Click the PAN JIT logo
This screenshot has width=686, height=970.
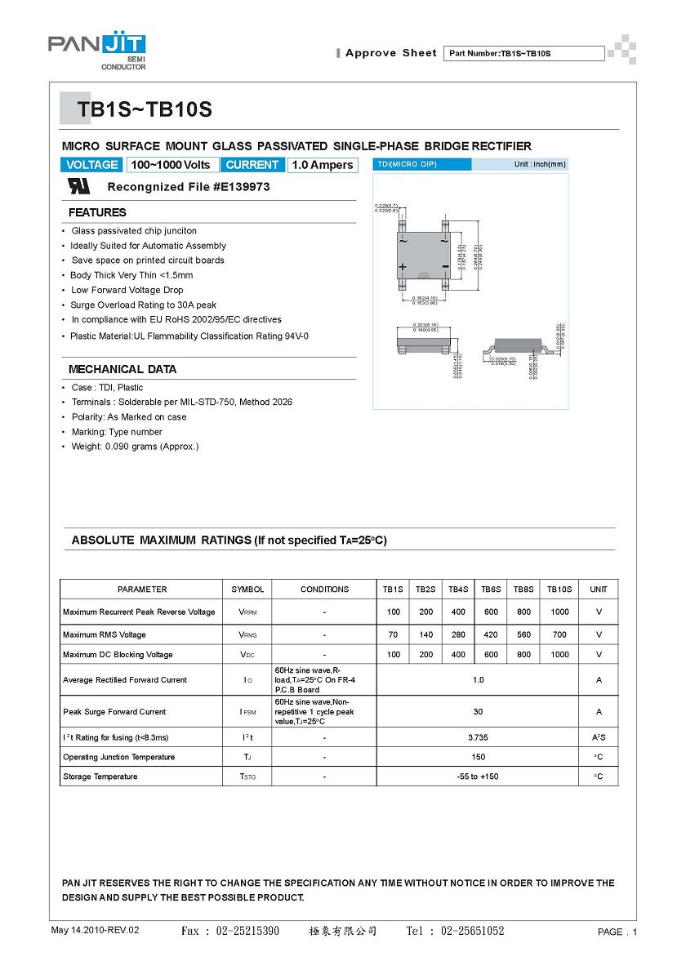click(96, 51)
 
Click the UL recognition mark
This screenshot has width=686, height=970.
click(78, 186)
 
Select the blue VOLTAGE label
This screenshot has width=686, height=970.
click(92, 165)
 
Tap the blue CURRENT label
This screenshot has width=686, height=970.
click(252, 165)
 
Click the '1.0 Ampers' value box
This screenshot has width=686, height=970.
click(323, 165)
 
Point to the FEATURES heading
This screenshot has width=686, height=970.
click(97, 212)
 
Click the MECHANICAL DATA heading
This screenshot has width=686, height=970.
click(122, 369)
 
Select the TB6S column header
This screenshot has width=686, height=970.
click(491, 589)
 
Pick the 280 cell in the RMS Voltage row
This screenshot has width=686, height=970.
click(458, 634)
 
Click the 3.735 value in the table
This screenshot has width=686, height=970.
click(478, 737)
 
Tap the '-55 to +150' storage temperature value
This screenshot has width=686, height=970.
click(478, 776)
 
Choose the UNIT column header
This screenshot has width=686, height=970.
click(599, 589)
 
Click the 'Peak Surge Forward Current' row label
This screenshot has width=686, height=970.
click(114, 712)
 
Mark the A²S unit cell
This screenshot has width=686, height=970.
click(599, 737)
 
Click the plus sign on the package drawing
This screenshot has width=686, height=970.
click(403, 267)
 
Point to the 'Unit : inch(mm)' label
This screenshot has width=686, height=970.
click(539, 164)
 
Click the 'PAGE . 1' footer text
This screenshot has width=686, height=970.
click(617, 932)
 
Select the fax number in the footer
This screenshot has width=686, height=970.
click(229, 931)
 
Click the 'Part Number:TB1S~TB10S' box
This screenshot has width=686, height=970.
click(523, 53)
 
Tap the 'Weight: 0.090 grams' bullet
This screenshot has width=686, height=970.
click(134, 447)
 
